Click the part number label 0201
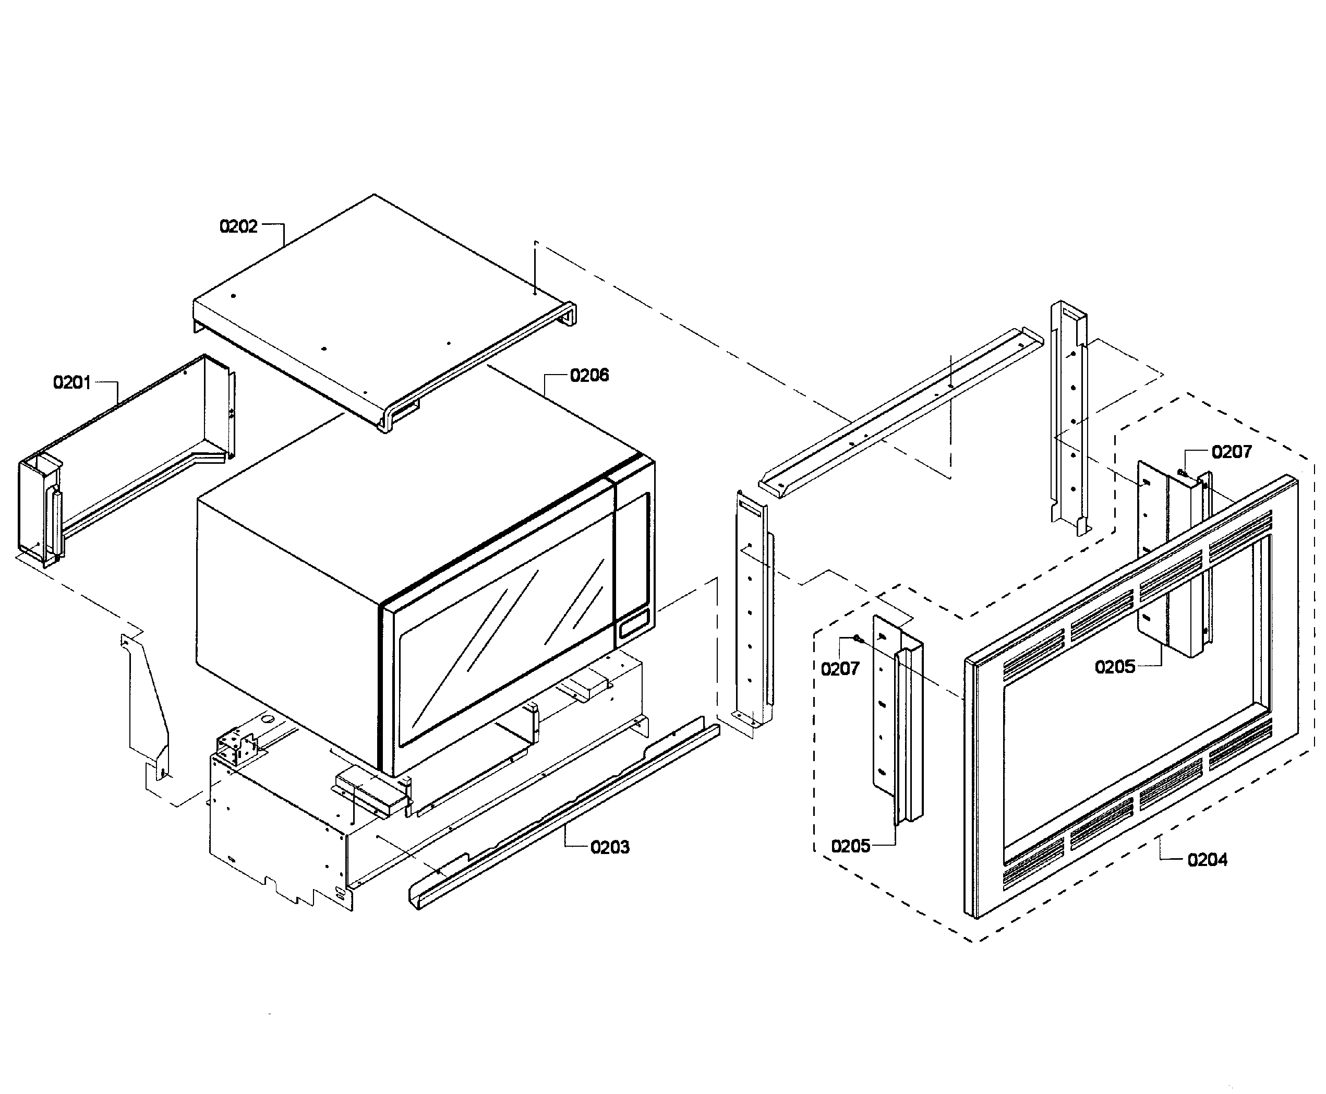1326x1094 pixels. click(x=72, y=382)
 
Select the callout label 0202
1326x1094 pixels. click(x=238, y=226)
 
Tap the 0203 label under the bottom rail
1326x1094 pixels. click(x=609, y=847)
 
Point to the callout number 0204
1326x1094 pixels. click(x=1207, y=860)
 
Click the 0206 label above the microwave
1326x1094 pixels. click(x=589, y=376)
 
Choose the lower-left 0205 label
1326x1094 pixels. click(x=850, y=846)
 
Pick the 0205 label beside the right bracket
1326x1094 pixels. click(x=1114, y=667)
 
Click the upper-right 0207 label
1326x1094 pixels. click(x=1232, y=452)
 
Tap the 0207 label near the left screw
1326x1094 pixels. click(x=839, y=669)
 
